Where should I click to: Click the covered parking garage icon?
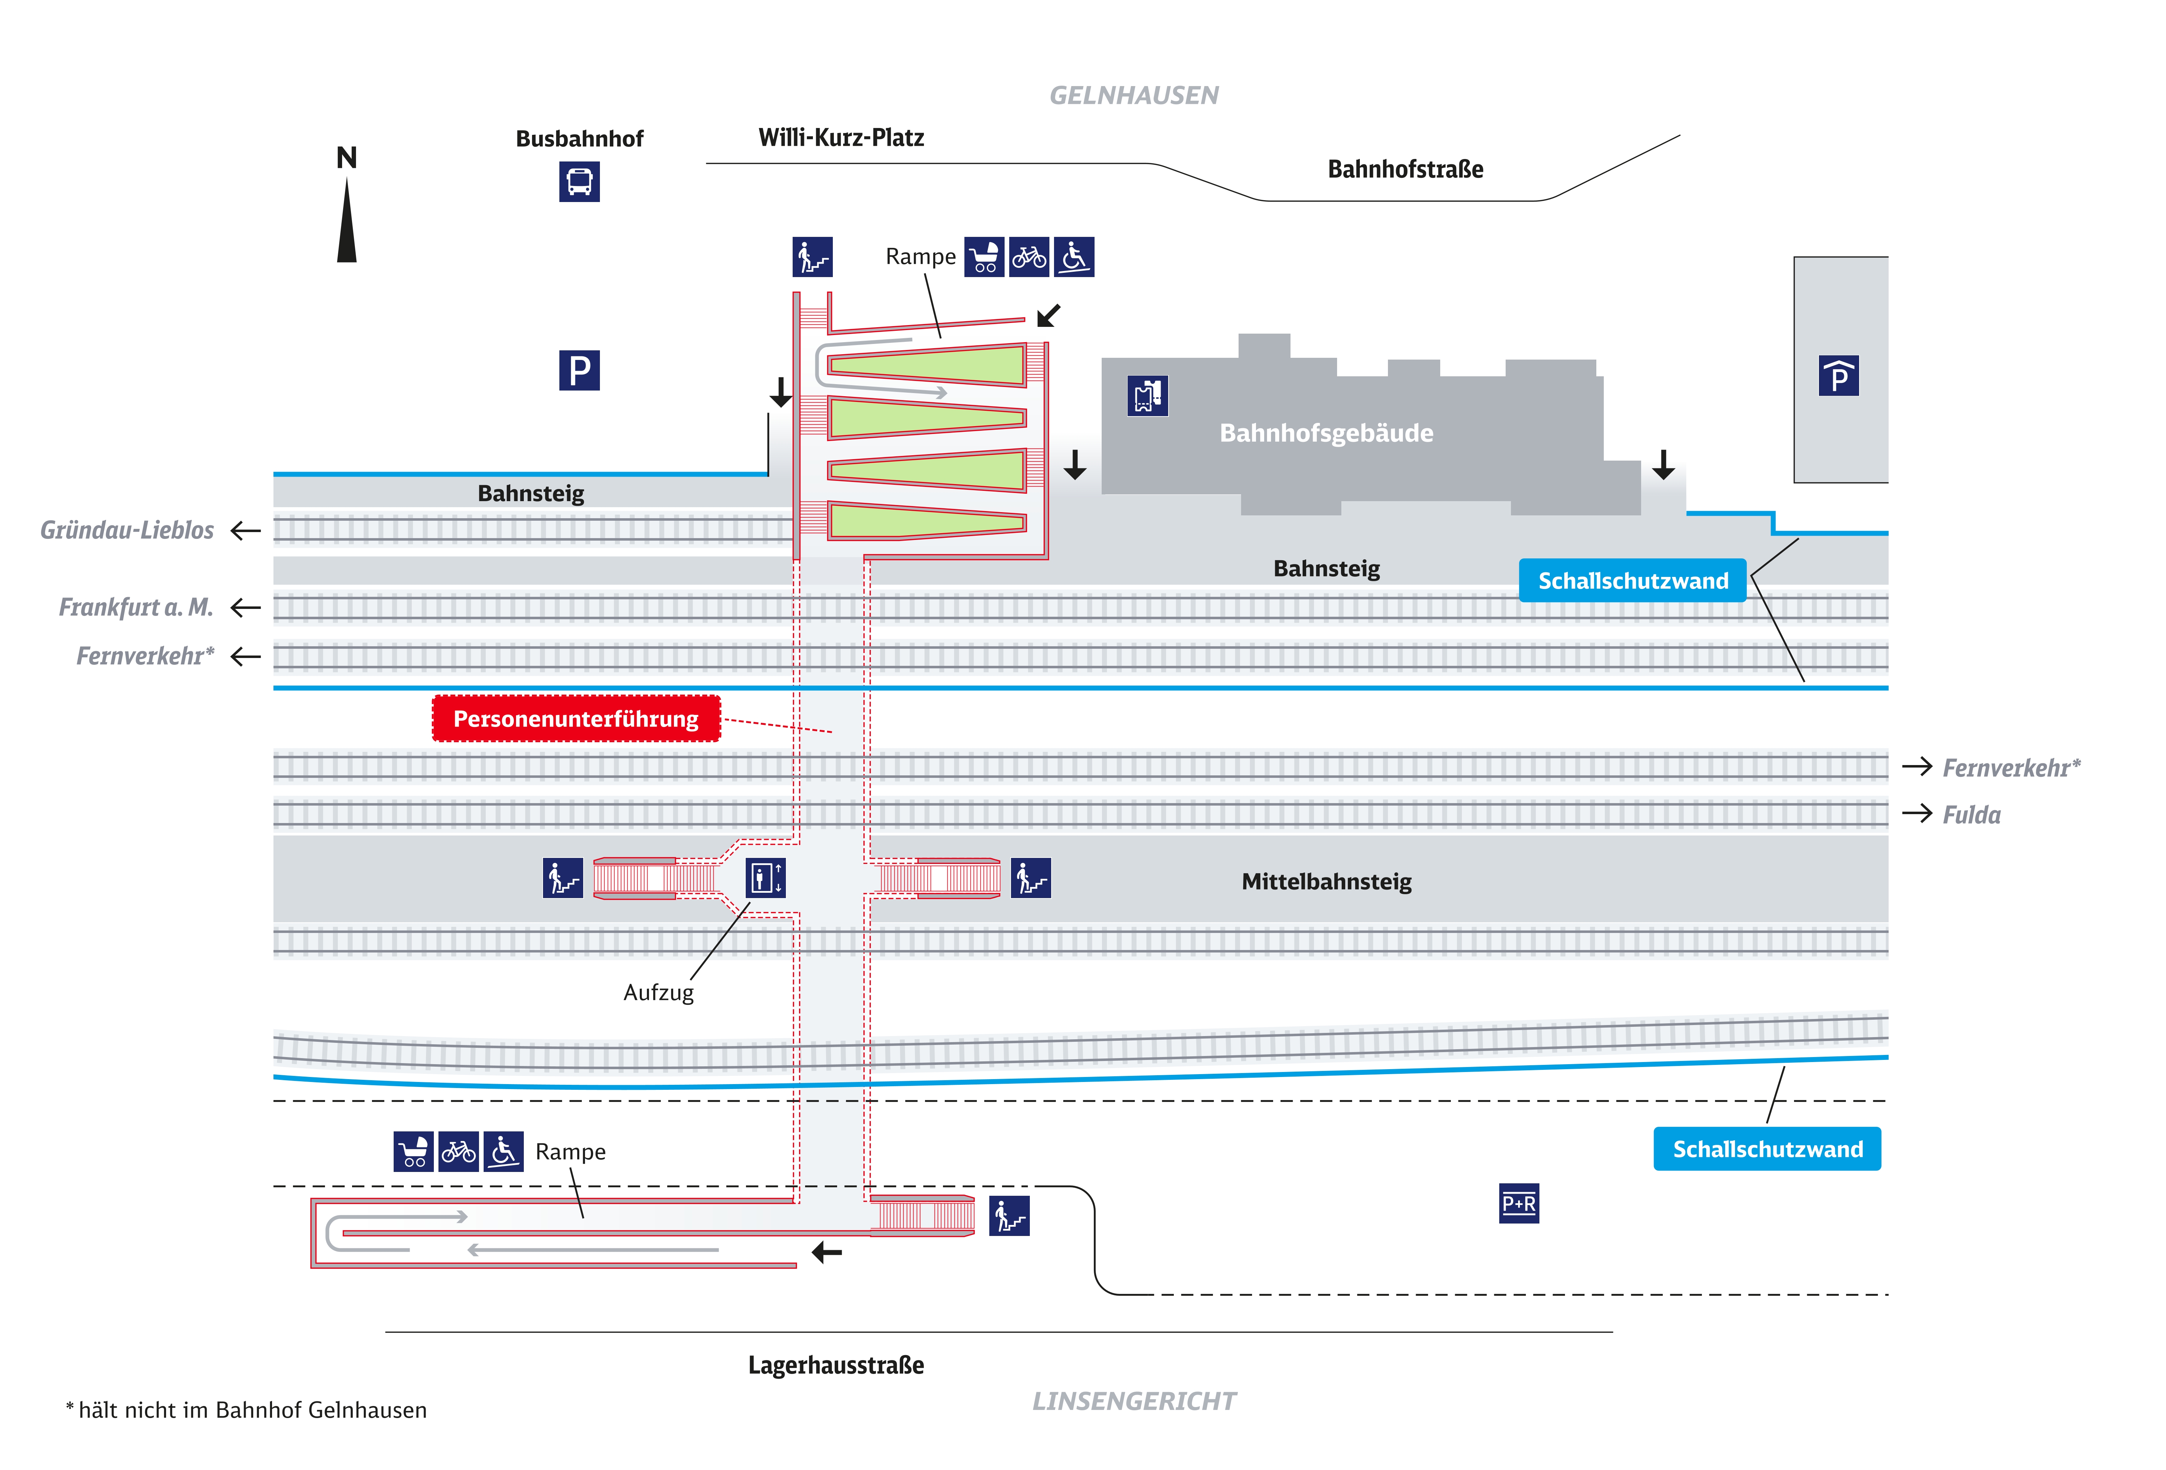point(1838,376)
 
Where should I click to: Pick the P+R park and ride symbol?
point(1518,1203)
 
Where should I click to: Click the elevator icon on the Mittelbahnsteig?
point(765,877)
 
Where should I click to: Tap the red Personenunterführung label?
point(576,719)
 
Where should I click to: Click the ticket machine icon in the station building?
point(1147,396)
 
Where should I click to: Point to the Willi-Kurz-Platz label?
point(841,138)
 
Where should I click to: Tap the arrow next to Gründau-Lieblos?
point(245,530)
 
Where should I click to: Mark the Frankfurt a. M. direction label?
point(136,608)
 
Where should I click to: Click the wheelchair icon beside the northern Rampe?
point(1074,257)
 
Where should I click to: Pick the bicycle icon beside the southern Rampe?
point(458,1152)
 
